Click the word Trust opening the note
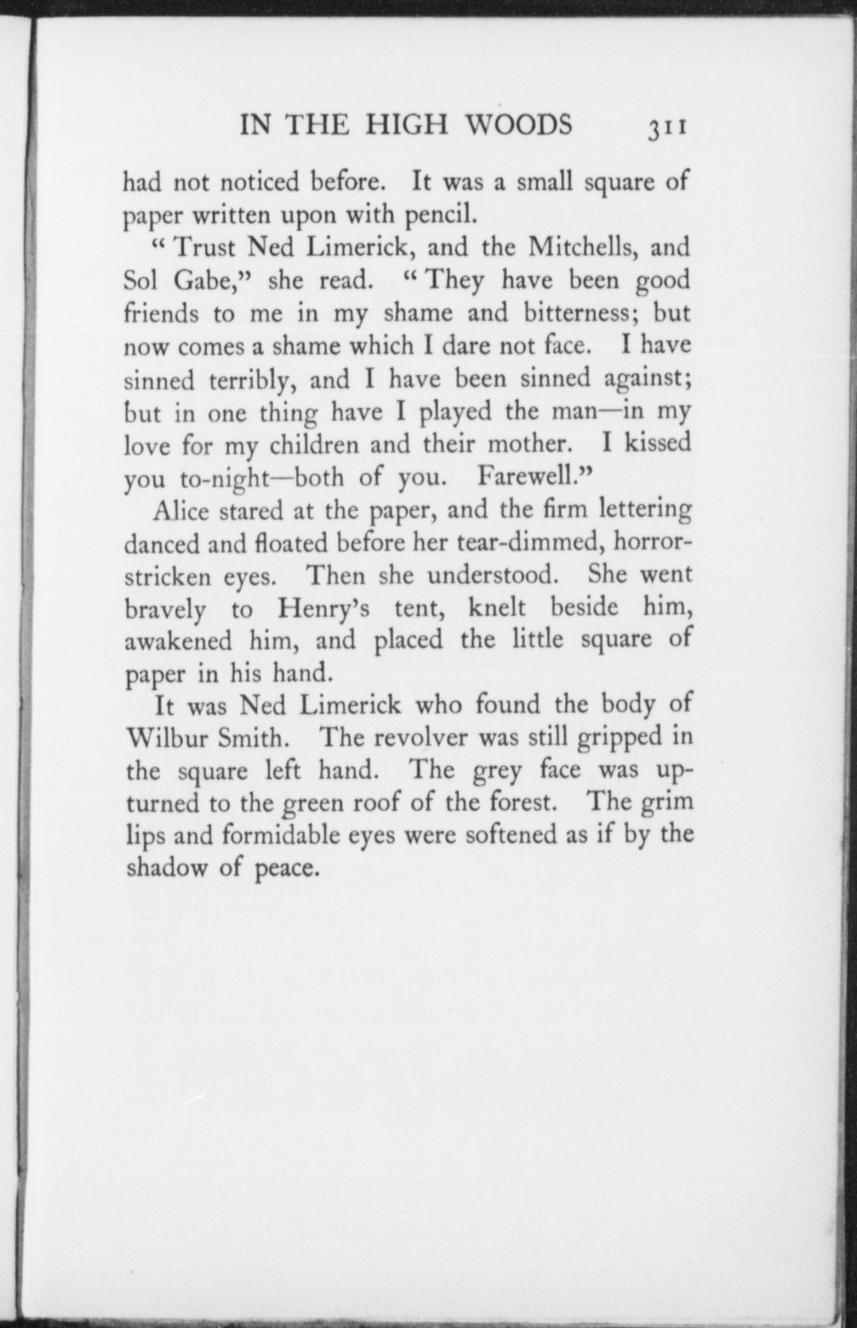204,248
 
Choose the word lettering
645,511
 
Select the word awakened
178,641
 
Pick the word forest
516,803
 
